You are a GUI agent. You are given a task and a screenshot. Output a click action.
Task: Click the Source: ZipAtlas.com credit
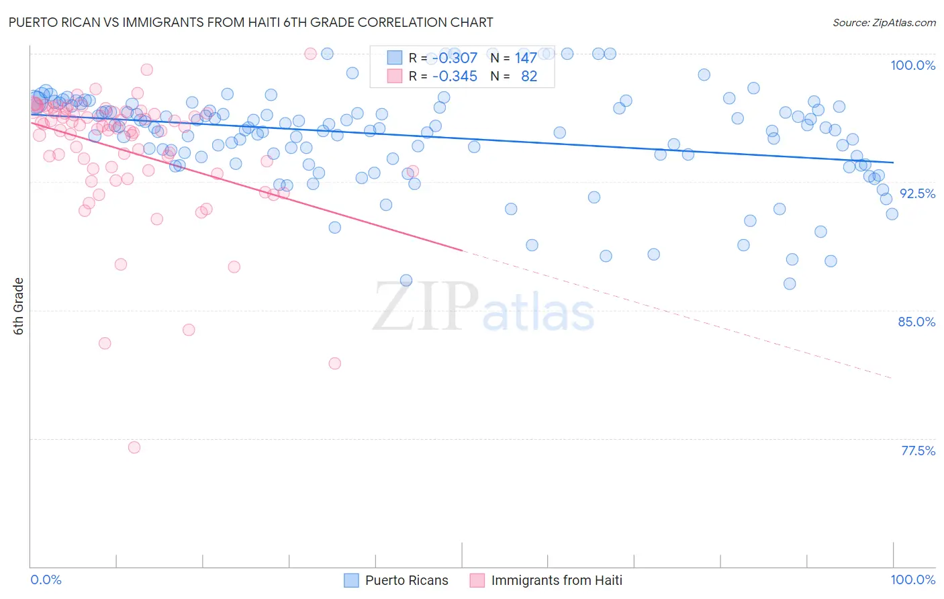884,22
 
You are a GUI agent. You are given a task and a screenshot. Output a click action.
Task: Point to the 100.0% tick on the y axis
912,65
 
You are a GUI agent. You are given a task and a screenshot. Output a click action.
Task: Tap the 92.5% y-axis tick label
917,193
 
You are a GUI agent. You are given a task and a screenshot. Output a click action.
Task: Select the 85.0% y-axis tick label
916,322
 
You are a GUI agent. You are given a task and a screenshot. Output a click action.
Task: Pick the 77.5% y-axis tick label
918,451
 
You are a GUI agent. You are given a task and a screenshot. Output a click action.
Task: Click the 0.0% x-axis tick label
46,580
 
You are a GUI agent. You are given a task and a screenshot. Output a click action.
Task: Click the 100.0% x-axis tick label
912,580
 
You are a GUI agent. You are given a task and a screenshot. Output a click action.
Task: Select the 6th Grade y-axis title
19,306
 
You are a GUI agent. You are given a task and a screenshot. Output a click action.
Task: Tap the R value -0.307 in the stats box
455,58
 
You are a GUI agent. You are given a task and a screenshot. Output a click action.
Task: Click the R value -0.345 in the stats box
455,76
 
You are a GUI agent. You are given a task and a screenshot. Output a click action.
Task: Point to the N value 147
526,58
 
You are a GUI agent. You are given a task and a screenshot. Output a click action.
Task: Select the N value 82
529,76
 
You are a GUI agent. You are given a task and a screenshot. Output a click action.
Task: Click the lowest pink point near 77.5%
134,447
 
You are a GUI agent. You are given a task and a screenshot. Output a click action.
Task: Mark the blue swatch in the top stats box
394,58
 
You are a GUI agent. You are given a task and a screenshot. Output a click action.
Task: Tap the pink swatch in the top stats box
394,76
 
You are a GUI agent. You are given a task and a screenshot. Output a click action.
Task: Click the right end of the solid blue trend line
893,163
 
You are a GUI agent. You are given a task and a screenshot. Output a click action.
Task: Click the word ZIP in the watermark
426,306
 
